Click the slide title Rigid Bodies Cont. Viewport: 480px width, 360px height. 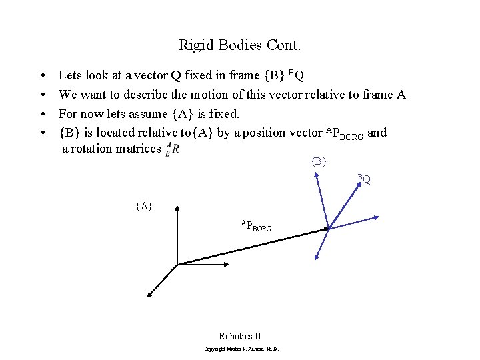tap(240, 45)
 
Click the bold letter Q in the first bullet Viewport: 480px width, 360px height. tap(176, 75)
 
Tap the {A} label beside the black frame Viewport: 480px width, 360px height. tap(143, 206)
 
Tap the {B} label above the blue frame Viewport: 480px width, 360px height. tap(318, 161)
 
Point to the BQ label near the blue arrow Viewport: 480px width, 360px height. tap(363, 179)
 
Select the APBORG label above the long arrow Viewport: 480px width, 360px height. tap(256, 226)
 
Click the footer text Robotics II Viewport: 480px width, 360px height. tap(240, 336)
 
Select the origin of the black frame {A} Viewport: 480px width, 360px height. tap(177, 265)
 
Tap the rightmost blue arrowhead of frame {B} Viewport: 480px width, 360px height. tap(377, 217)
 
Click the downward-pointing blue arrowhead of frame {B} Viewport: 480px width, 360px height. tap(315, 258)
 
